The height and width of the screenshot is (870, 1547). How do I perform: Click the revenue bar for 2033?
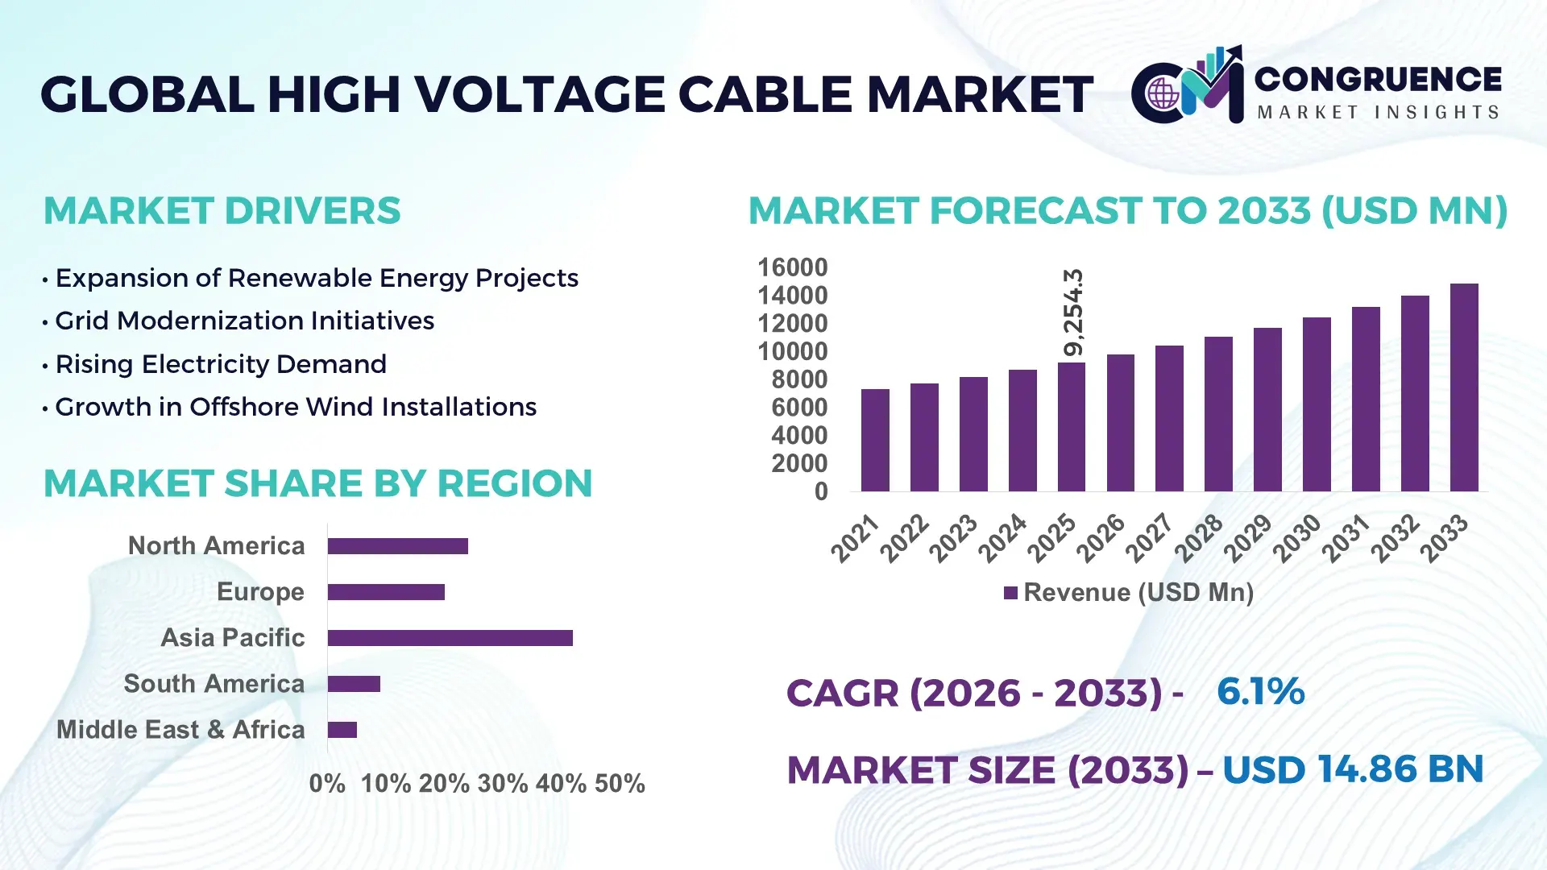(1464, 387)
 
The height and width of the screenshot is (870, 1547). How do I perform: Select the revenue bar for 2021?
(875, 440)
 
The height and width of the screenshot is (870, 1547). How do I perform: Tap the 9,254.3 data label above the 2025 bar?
(1073, 313)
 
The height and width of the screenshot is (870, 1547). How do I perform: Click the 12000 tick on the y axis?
(792, 324)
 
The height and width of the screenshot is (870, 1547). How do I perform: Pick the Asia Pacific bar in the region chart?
(450, 638)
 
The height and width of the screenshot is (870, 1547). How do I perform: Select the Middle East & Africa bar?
(342, 730)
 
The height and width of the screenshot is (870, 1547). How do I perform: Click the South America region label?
(214, 684)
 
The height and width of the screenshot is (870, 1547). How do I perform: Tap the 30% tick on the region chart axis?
(503, 784)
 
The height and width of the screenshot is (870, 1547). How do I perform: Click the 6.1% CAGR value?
(1260, 692)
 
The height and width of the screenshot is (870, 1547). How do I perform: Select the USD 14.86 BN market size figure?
(1353, 769)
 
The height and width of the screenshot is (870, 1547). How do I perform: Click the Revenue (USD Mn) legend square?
(1010, 594)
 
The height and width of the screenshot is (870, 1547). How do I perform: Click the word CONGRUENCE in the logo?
(1378, 80)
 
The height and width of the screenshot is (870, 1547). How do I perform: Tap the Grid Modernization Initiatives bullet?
(244, 321)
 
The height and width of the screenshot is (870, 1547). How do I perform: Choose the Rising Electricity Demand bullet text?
(221, 364)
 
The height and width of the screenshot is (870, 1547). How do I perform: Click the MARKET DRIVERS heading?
(222, 211)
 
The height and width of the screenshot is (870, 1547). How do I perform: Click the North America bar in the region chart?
(397, 546)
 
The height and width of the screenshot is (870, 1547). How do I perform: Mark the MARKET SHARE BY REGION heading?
(317, 484)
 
